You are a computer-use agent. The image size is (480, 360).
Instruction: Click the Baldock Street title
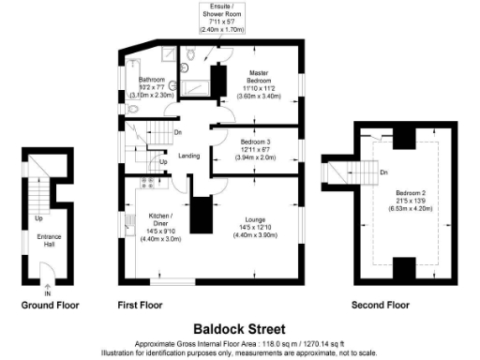point(239,329)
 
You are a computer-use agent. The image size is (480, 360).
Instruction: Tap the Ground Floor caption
point(50,306)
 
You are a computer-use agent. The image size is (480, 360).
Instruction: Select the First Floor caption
point(142,306)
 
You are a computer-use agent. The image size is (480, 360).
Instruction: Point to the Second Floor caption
point(380,306)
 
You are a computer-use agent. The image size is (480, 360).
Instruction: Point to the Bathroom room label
point(152,80)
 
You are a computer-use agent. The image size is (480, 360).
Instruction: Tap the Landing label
point(188,156)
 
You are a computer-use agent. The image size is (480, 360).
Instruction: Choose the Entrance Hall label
point(50,240)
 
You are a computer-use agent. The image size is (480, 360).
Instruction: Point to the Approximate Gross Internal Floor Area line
point(239,344)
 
